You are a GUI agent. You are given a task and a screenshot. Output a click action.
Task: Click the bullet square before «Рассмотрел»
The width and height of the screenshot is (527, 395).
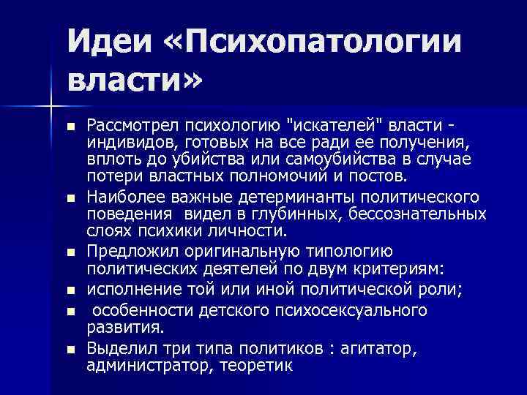tap(70, 127)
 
